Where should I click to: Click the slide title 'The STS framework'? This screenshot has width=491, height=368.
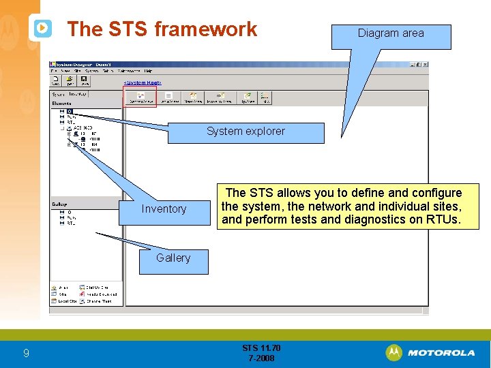point(162,29)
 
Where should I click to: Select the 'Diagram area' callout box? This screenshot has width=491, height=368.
point(391,33)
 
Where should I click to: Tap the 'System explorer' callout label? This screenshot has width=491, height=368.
point(245,132)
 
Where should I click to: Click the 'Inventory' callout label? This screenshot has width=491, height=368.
point(164,209)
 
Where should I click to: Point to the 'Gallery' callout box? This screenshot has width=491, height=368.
point(173,258)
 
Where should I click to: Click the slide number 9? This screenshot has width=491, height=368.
point(26,353)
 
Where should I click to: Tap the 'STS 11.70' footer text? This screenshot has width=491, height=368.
point(261,348)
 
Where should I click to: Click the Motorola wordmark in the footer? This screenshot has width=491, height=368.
point(441,353)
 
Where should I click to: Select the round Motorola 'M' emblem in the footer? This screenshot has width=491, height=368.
point(393,353)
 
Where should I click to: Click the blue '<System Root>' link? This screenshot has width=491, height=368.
point(142,83)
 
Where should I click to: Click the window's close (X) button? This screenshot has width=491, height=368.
point(426,65)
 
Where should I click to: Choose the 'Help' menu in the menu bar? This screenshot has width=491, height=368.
point(148,71)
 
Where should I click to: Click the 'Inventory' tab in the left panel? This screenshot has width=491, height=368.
point(78,94)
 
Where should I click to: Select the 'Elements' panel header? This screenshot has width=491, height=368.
point(61,103)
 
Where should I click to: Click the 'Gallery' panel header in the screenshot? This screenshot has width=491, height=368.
point(59,204)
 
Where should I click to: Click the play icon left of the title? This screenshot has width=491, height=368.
point(42,28)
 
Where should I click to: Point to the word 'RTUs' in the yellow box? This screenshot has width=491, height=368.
point(445,219)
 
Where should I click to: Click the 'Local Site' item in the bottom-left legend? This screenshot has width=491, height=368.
point(67,301)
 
